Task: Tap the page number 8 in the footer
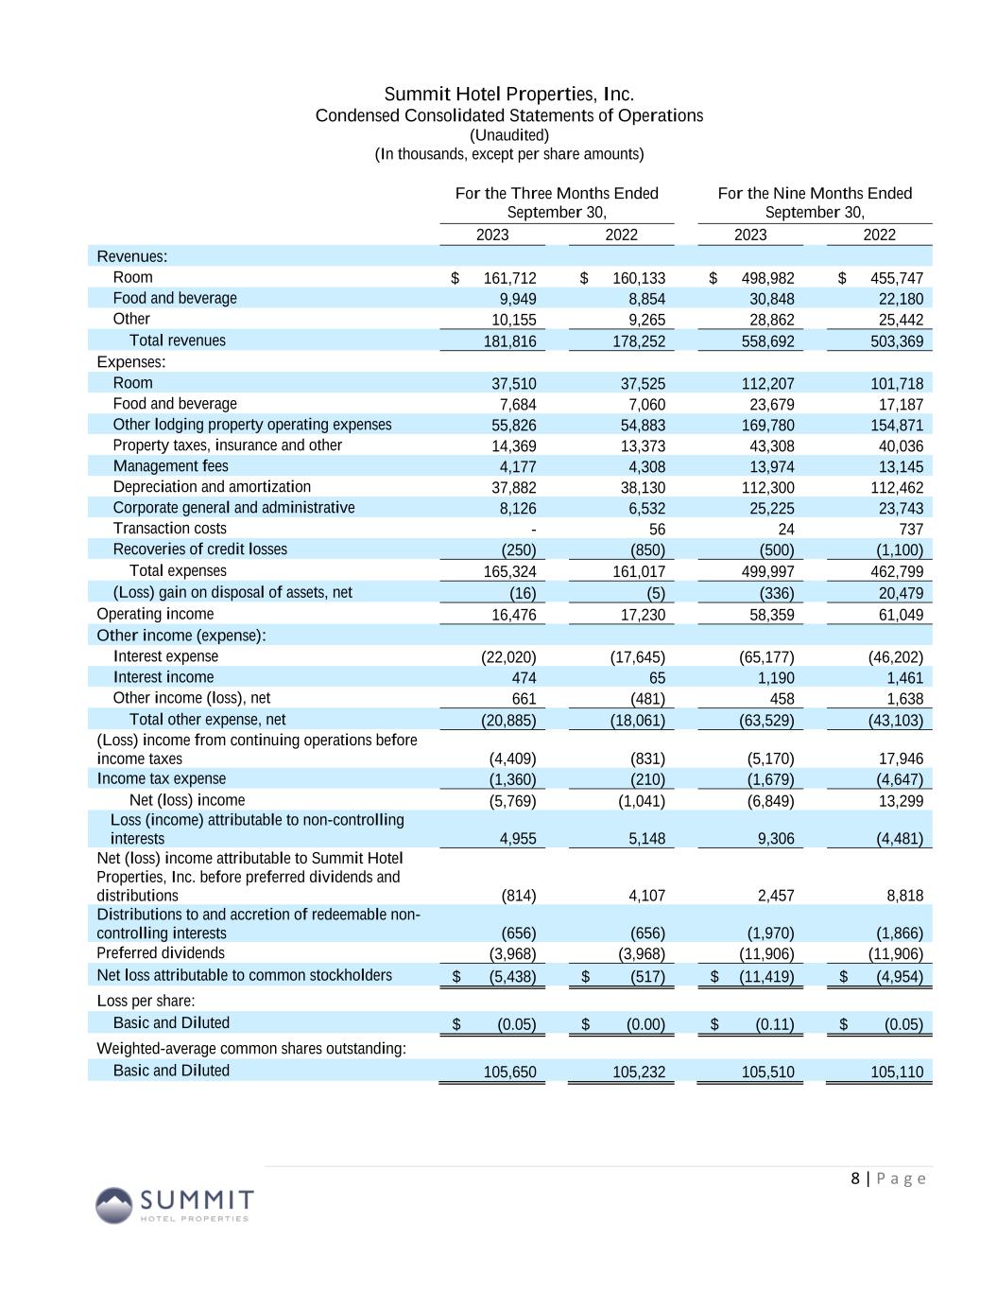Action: point(856,1178)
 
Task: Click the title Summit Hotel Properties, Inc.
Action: point(508,95)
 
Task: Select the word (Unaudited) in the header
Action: point(508,135)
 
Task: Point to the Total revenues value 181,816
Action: point(509,341)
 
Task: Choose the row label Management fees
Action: point(170,466)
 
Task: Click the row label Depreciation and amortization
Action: point(212,487)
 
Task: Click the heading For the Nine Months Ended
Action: point(815,194)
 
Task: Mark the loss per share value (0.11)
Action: point(772,1024)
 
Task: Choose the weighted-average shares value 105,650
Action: point(509,1072)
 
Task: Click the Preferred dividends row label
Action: point(161,953)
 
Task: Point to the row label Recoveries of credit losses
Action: point(199,550)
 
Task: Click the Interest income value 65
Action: point(656,678)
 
